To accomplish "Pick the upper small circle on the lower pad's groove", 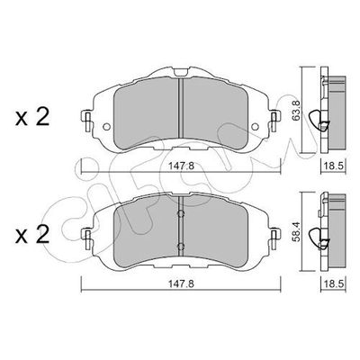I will (x=180, y=215).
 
